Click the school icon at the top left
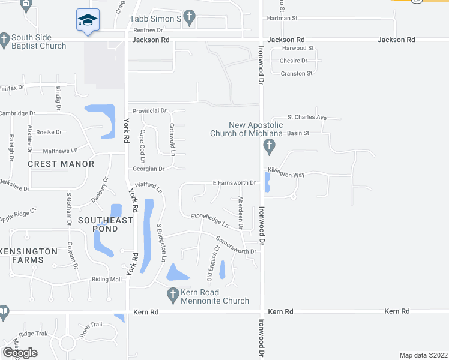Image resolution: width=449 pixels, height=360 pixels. point(88,20)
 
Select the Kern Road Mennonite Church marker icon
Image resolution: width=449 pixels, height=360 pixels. point(173,294)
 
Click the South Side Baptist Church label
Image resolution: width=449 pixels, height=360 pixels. point(38,41)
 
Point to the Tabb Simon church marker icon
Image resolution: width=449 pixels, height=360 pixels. point(189,17)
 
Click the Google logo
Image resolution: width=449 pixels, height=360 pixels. point(20,353)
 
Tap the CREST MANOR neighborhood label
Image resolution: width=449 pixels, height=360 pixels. point(61,164)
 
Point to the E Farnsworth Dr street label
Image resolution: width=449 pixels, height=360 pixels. point(234,182)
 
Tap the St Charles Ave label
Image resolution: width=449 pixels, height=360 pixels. point(306,118)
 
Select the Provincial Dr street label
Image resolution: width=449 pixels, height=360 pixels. point(149,111)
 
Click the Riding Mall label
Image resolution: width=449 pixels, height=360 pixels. point(107,280)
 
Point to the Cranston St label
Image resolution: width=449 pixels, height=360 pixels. point(297,73)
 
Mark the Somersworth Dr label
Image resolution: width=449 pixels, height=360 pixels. point(236,245)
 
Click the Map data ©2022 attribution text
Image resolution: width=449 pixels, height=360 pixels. point(423,355)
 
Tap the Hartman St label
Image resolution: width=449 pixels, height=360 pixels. point(282,19)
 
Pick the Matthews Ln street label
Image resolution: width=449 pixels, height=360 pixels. point(61,151)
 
